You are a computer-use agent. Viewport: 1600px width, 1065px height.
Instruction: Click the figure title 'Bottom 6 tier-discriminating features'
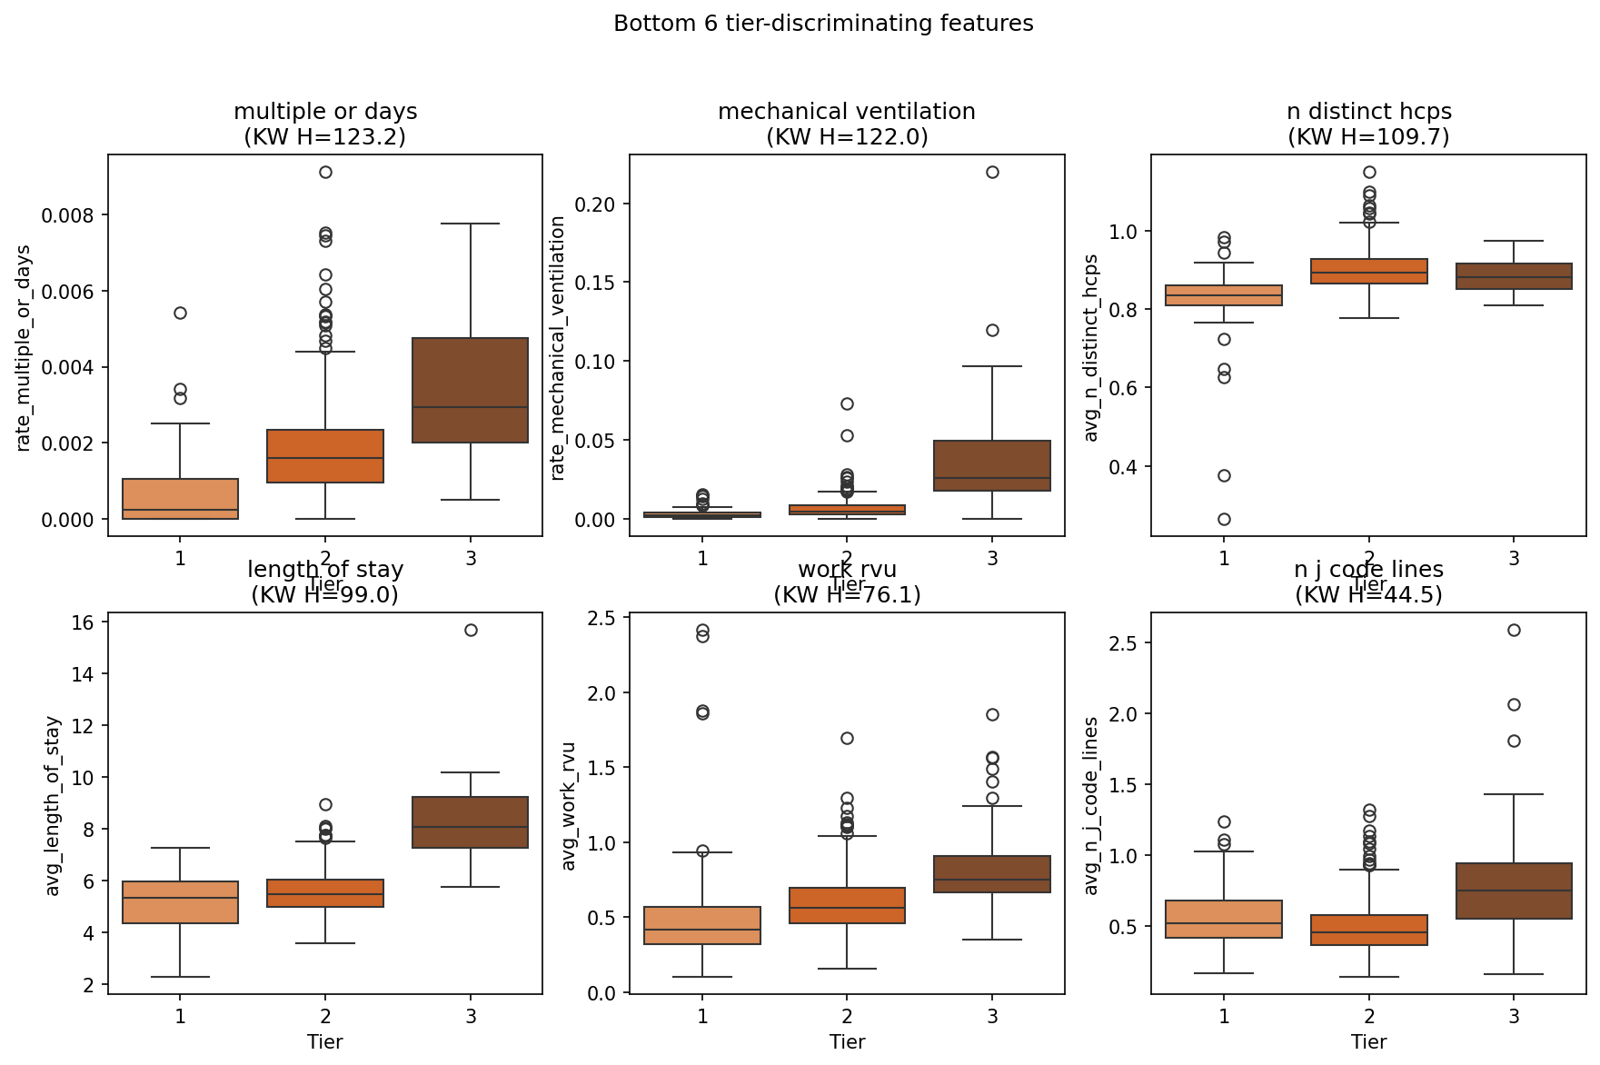[823, 24]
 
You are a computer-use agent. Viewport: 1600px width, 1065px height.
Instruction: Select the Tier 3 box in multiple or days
[470, 390]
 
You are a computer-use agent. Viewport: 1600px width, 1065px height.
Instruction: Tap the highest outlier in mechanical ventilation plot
[992, 172]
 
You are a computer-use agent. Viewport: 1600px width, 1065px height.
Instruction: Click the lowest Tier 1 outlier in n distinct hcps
[1224, 519]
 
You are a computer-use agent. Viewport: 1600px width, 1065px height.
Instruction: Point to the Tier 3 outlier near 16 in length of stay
[471, 630]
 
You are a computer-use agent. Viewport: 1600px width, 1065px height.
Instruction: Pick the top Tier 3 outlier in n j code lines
[1514, 630]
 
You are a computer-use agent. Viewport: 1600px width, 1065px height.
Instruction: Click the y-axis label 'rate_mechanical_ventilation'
[558, 348]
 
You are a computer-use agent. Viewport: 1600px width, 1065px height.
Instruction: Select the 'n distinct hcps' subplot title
[1368, 112]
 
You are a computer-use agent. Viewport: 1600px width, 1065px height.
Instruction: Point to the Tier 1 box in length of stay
[180, 902]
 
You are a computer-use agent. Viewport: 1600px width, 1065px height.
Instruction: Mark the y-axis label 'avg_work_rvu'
[569, 806]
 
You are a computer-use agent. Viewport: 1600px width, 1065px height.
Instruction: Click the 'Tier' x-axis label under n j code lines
[1368, 1042]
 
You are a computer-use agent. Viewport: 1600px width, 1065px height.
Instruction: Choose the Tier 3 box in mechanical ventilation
[992, 465]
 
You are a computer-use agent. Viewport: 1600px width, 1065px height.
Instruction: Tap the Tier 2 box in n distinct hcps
[1368, 271]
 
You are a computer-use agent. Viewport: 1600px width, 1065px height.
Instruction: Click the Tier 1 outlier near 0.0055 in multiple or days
[180, 313]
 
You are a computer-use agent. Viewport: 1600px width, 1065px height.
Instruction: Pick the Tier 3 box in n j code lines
[1514, 891]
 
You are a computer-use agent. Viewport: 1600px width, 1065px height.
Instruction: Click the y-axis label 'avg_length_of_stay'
[53, 806]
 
